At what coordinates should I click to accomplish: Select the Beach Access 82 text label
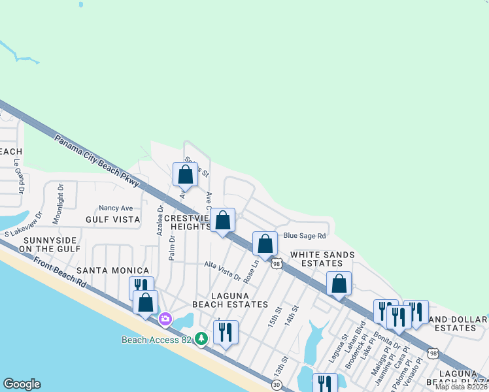(158, 340)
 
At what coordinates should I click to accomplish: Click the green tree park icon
(202, 338)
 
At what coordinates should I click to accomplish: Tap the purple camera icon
(165, 319)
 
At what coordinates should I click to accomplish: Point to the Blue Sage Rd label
(304, 235)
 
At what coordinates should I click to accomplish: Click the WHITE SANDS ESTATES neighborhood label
(322, 259)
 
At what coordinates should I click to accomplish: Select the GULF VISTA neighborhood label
(113, 220)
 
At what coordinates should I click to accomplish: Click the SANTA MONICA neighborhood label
(112, 270)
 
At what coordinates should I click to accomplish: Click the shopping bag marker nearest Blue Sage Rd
(265, 244)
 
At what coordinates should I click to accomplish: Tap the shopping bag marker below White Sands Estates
(339, 284)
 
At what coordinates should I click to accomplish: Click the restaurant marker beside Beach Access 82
(226, 332)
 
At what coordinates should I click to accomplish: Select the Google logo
(22, 384)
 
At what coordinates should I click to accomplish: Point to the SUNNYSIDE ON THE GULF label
(52, 244)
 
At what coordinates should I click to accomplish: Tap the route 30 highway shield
(277, 385)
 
